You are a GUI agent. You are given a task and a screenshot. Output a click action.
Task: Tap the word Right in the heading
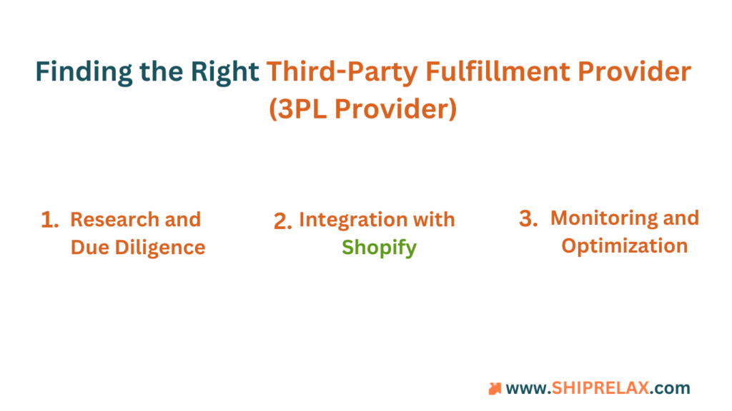point(225,72)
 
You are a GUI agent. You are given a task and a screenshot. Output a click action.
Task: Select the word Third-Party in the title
point(342,72)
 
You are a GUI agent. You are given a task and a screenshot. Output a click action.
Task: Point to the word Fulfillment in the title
point(498,71)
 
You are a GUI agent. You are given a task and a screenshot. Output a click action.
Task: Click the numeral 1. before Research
point(50,220)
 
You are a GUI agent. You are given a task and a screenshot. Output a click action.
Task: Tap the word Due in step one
point(89,248)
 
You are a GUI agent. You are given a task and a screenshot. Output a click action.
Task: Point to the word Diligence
point(160,248)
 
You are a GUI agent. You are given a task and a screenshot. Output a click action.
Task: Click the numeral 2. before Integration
point(283,221)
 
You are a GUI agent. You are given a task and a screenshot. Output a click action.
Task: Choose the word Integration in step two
point(353,220)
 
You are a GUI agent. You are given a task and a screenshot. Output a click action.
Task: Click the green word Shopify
point(379,248)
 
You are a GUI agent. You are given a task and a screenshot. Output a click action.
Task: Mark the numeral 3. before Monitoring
point(528,218)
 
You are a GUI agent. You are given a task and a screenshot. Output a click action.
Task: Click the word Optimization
point(625,246)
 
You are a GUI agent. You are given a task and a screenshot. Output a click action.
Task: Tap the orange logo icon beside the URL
point(495,389)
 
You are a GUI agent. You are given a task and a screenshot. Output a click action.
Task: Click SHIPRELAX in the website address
point(600,387)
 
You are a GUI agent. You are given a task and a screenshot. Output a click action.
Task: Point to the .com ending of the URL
point(670,388)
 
